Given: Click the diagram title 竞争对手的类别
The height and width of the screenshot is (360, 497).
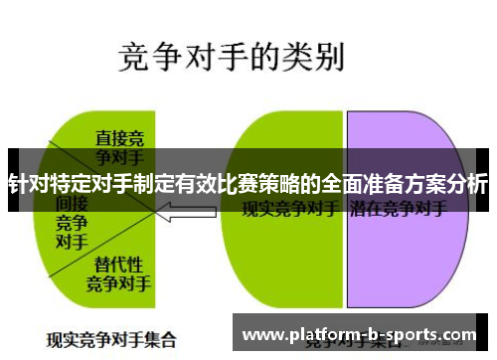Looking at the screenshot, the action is point(232,57).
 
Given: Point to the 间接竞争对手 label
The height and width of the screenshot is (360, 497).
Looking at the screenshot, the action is point(71,221).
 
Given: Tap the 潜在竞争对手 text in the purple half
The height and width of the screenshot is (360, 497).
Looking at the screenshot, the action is point(398,210).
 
